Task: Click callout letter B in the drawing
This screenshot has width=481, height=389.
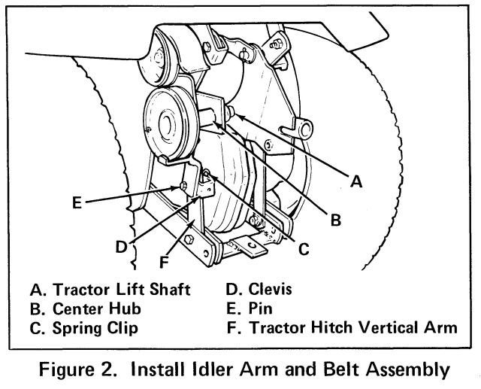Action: tap(336, 219)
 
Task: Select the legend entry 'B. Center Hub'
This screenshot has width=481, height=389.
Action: tap(86, 308)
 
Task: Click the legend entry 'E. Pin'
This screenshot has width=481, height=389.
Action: tap(250, 308)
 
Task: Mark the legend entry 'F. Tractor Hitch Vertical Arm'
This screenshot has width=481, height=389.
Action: tap(341, 328)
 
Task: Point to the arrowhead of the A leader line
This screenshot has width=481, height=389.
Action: tap(232, 115)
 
